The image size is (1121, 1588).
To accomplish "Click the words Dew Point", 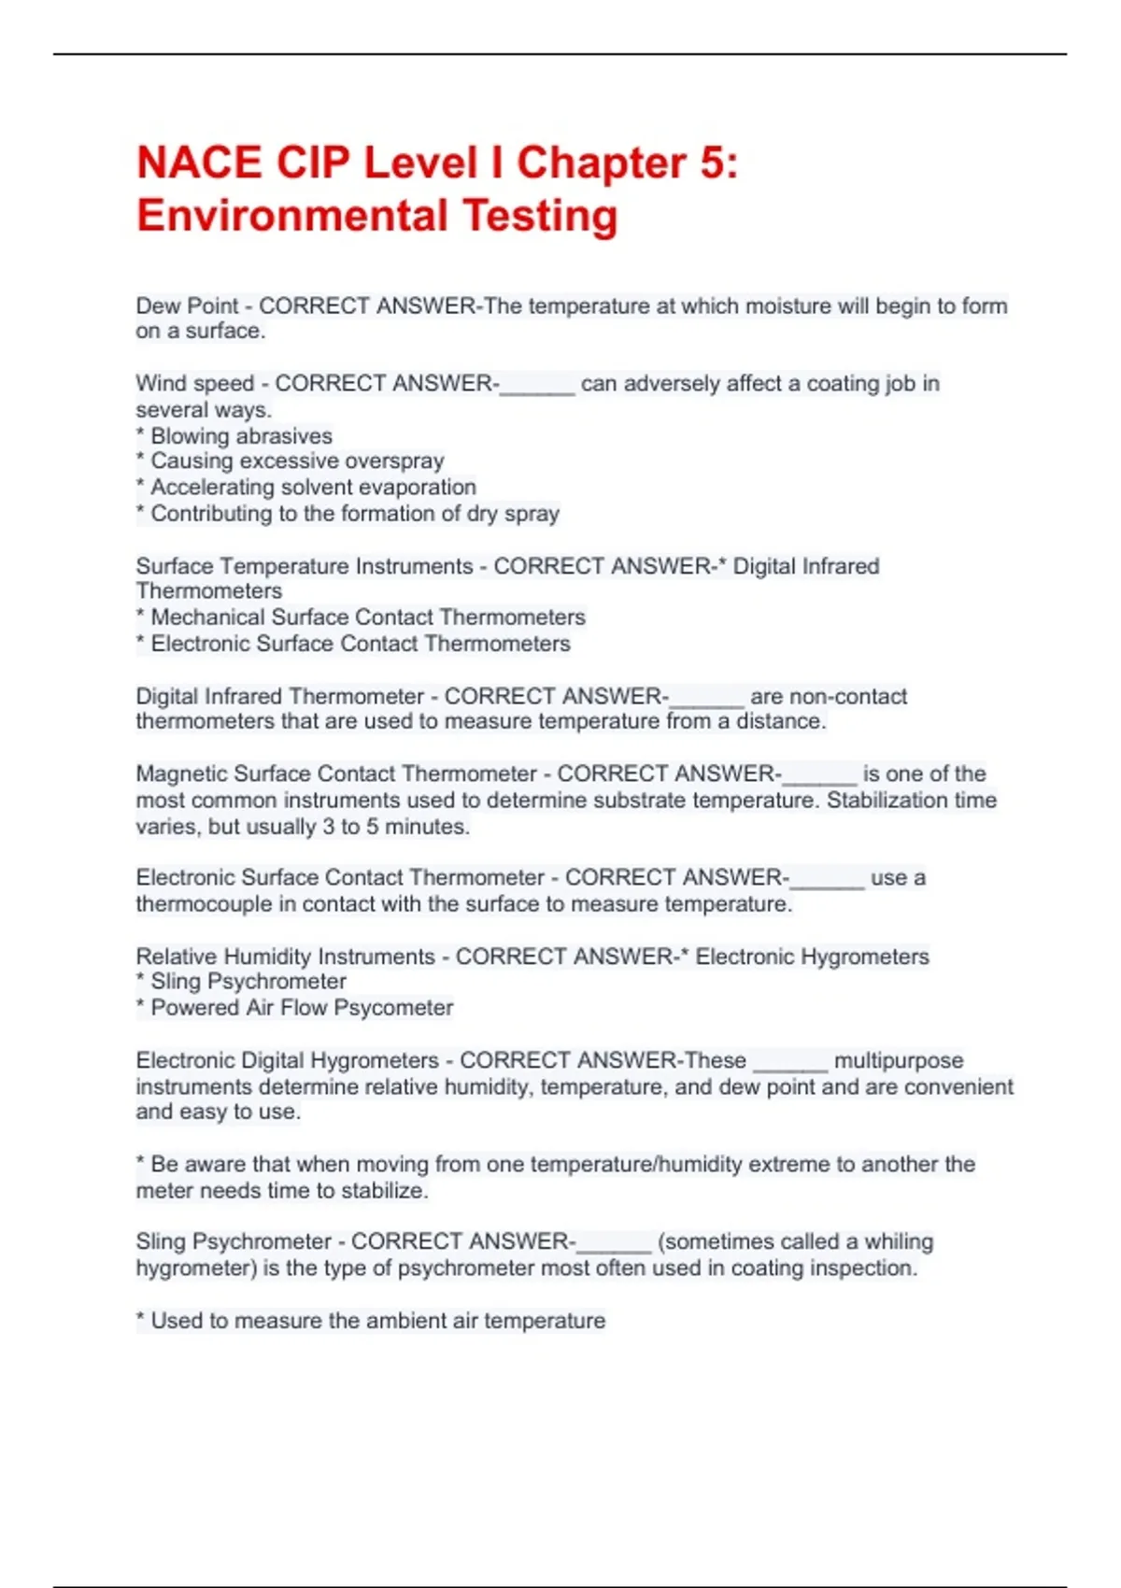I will [x=187, y=305].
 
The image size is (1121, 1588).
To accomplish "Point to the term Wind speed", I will [x=194, y=383].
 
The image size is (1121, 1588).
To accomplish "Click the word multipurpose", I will [x=898, y=1060].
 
